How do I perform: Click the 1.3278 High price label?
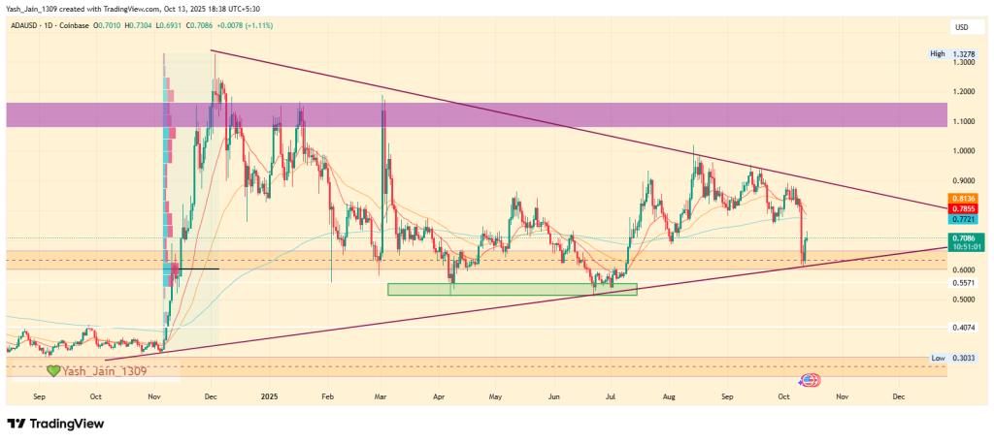coord(964,54)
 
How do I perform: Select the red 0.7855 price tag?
coord(964,209)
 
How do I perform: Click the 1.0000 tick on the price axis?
coord(964,151)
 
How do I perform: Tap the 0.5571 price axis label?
coord(964,283)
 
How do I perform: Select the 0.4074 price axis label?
coord(964,328)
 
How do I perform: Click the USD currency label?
coord(963,27)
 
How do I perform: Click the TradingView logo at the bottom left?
coord(55,424)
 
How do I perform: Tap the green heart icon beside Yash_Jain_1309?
coord(54,371)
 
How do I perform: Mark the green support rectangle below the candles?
coord(512,289)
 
